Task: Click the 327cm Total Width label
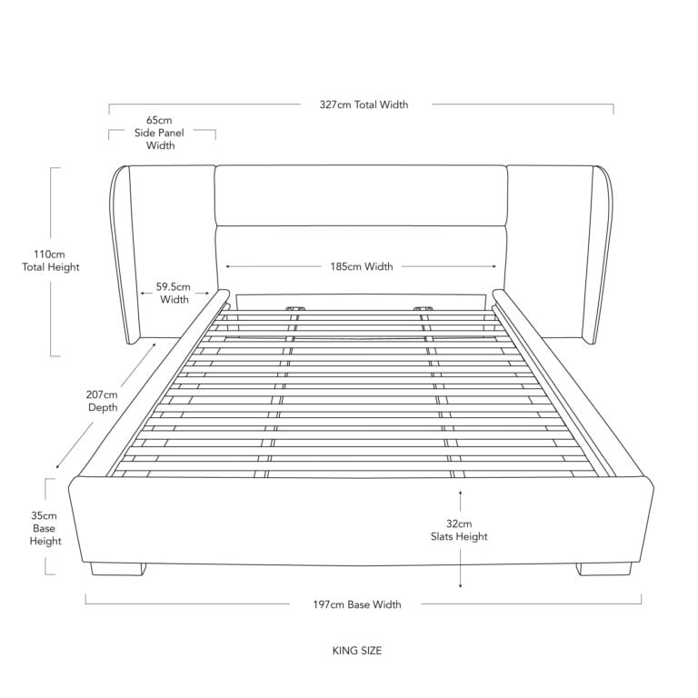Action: [x=364, y=105]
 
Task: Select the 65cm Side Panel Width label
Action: [x=159, y=133]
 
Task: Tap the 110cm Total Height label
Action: [x=50, y=261]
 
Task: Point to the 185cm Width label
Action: [x=362, y=266]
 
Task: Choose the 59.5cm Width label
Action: [x=174, y=293]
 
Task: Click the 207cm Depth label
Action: [x=103, y=401]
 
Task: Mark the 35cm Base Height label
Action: [x=45, y=528]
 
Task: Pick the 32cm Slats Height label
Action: [x=459, y=530]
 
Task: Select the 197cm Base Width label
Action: [x=357, y=604]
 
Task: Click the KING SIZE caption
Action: [x=357, y=651]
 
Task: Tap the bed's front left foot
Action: [x=118, y=570]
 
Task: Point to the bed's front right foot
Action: [x=604, y=569]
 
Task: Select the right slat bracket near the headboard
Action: [x=423, y=308]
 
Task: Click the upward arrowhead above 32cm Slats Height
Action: [x=460, y=493]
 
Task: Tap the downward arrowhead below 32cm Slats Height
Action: [x=460, y=585]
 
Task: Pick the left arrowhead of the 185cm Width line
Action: [x=227, y=266]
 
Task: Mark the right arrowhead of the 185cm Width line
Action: [x=494, y=266]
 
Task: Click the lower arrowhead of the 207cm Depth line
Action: [x=58, y=466]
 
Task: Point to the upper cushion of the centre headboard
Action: [x=361, y=195]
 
